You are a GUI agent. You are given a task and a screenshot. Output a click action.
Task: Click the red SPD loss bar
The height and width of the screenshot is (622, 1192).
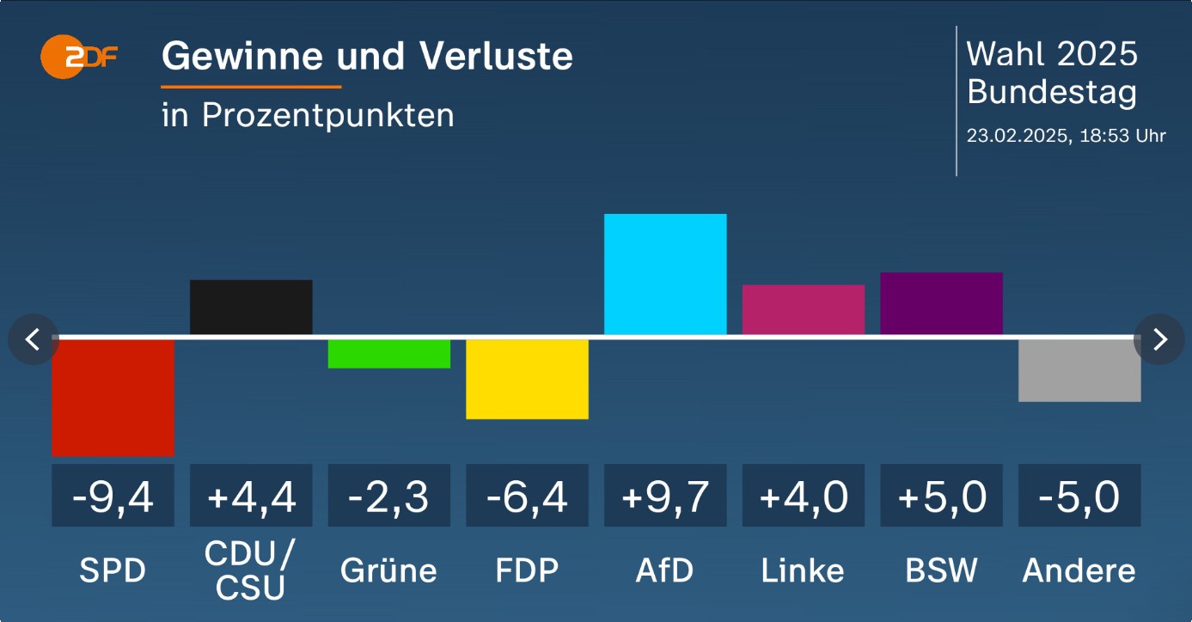tap(113, 397)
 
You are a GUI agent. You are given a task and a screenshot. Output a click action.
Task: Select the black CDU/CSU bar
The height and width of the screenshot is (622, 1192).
tap(251, 307)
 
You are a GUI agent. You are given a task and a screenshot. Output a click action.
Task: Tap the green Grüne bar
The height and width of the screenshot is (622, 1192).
tap(389, 353)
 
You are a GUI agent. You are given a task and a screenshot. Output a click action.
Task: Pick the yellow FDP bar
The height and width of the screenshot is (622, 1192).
tap(527, 379)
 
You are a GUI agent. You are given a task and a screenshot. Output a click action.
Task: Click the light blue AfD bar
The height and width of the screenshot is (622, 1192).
tap(665, 274)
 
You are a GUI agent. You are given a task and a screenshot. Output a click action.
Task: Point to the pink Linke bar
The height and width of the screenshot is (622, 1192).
tap(804, 309)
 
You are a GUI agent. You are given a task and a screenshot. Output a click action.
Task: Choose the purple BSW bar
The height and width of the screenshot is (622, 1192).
tap(941, 303)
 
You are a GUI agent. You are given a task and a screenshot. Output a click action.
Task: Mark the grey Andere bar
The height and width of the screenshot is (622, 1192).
tap(1079, 370)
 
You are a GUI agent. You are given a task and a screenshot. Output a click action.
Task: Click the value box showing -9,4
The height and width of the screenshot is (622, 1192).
tap(113, 496)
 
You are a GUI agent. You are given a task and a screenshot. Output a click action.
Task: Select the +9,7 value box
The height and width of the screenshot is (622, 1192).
tap(665, 496)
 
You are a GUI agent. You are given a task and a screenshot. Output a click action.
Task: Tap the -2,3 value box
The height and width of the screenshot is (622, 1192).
tap(389, 496)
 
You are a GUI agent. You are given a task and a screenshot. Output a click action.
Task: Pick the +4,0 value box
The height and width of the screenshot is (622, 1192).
tap(804, 496)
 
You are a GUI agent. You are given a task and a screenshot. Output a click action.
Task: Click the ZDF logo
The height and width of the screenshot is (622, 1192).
tap(78, 57)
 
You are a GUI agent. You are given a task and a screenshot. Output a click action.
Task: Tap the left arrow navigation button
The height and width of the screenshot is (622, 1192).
tap(33, 339)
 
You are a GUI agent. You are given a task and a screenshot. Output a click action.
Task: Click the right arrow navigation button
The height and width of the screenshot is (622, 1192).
tap(1159, 339)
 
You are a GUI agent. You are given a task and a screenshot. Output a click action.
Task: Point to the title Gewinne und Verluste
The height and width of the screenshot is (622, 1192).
tap(367, 57)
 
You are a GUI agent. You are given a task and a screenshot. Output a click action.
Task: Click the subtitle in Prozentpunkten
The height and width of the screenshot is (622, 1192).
tap(308, 115)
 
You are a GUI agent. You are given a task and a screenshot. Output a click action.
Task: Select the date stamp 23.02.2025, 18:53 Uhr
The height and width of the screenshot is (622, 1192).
tap(1066, 136)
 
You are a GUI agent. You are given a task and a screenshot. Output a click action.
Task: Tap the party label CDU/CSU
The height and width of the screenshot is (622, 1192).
tap(251, 570)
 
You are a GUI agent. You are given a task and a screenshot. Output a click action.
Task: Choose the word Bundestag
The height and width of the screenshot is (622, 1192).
tap(1052, 92)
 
